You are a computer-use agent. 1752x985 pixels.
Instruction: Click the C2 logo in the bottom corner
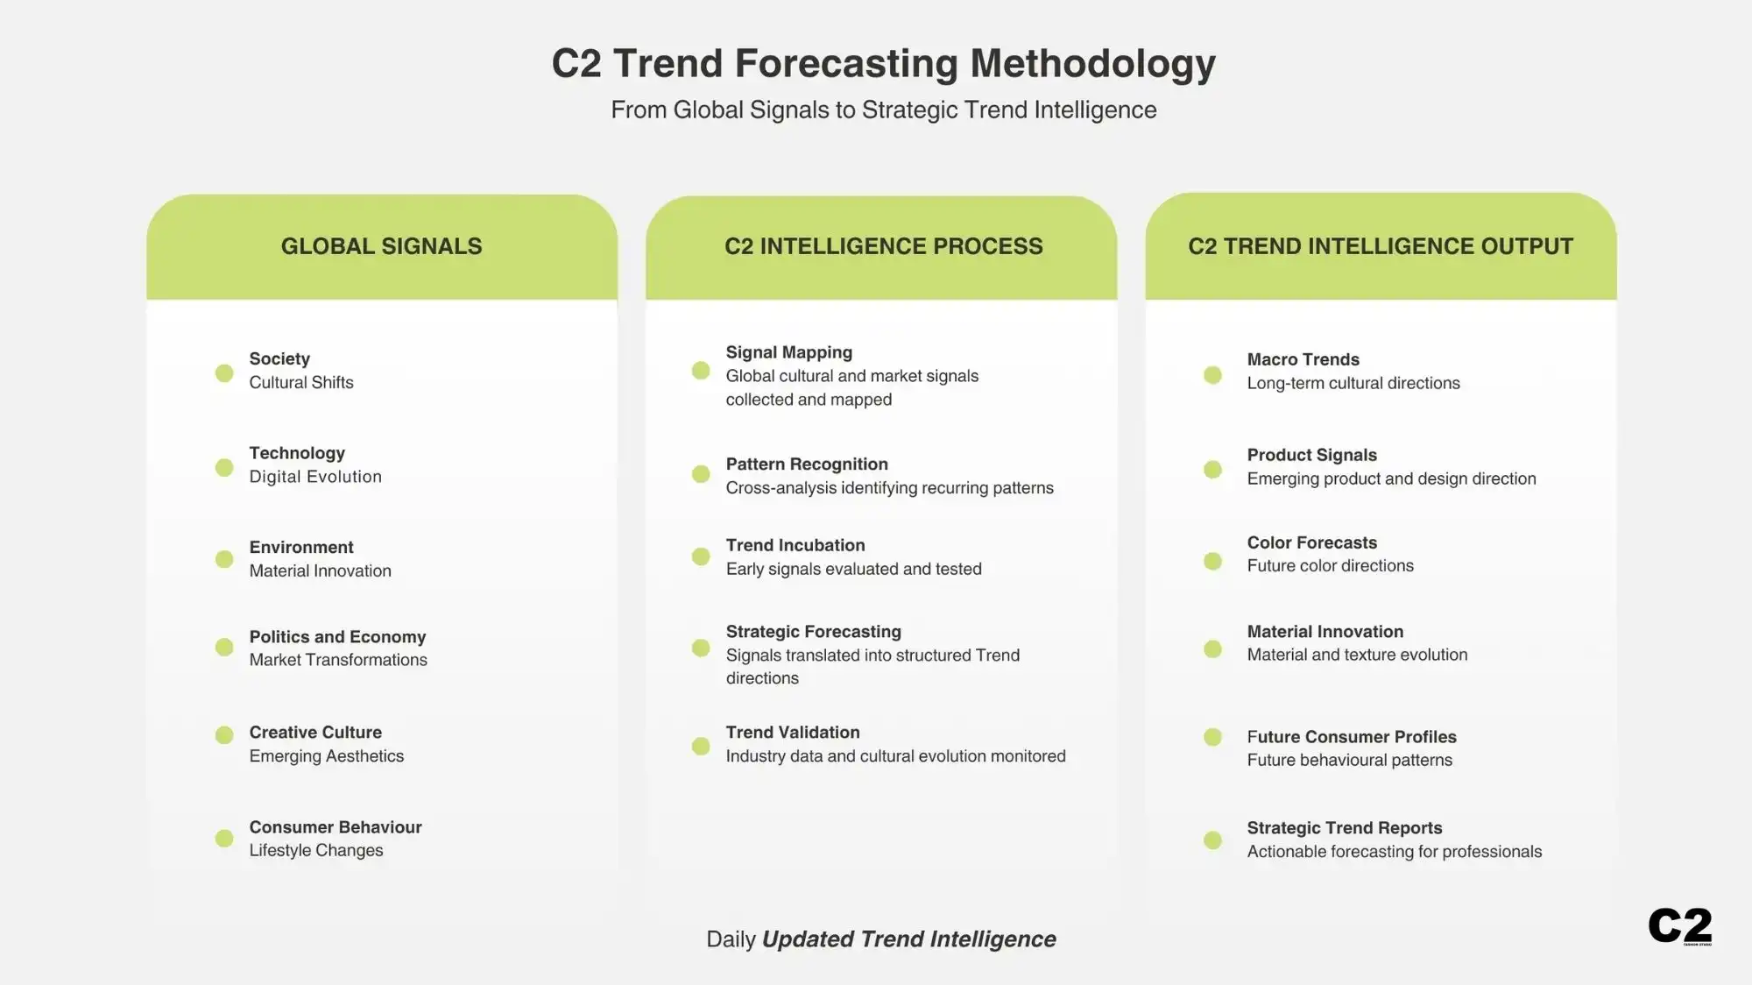click(1679, 925)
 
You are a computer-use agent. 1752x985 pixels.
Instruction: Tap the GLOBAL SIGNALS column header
click(381, 246)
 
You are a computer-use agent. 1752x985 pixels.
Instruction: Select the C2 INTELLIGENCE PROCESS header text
click(883, 246)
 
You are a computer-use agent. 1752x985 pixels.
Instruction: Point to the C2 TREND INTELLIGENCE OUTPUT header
click(1381, 246)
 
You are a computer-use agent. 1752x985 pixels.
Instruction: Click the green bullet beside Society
click(224, 373)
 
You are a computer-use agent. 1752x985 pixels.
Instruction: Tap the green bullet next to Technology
click(224, 468)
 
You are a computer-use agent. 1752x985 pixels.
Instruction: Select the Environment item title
click(301, 547)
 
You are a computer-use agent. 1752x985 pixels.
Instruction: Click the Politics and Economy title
click(337, 637)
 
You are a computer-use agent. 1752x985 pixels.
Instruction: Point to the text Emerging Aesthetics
click(327, 756)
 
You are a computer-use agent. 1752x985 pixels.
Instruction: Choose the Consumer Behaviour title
click(336, 827)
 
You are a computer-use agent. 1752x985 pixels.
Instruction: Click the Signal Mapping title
click(788, 352)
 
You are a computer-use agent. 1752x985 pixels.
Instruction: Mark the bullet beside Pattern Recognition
click(701, 474)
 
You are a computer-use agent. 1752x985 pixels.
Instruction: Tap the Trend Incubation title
click(795, 545)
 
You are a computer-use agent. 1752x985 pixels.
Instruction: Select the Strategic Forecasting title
click(813, 632)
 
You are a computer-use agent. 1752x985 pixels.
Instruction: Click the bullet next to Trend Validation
click(701, 746)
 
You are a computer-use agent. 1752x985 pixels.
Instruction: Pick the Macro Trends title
click(1303, 359)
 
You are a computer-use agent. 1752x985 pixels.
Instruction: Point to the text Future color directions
click(1330, 566)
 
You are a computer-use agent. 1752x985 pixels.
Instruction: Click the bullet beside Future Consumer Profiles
click(1212, 737)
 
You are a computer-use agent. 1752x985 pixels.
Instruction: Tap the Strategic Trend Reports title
click(1344, 828)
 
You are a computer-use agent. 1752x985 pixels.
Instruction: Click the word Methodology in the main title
click(1092, 63)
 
